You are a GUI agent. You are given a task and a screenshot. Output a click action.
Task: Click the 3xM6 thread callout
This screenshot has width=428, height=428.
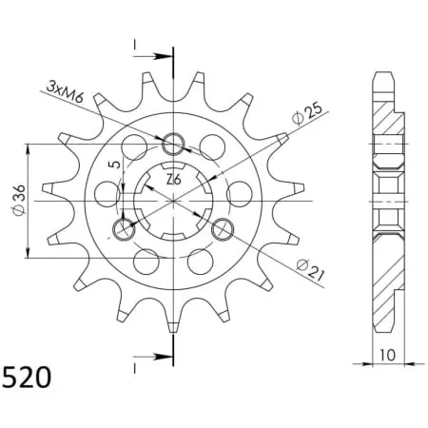[x=65, y=92]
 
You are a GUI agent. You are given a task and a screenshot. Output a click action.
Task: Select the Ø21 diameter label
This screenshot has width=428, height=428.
[x=311, y=270]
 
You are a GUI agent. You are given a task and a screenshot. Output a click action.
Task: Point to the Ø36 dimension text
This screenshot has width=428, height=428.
[x=19, y=201]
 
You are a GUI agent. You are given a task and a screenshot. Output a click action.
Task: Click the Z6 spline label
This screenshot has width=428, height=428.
[x=174, y=180]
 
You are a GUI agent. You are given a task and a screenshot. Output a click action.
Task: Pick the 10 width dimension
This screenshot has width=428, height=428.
[x=387, y=355]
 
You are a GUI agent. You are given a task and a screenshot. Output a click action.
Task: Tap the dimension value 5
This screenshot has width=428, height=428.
[x=115, y=165]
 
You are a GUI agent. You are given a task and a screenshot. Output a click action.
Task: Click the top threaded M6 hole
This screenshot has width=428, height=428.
[x=173, y=145]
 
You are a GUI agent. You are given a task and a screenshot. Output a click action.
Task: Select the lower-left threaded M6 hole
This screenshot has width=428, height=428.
[x=124, y=228]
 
